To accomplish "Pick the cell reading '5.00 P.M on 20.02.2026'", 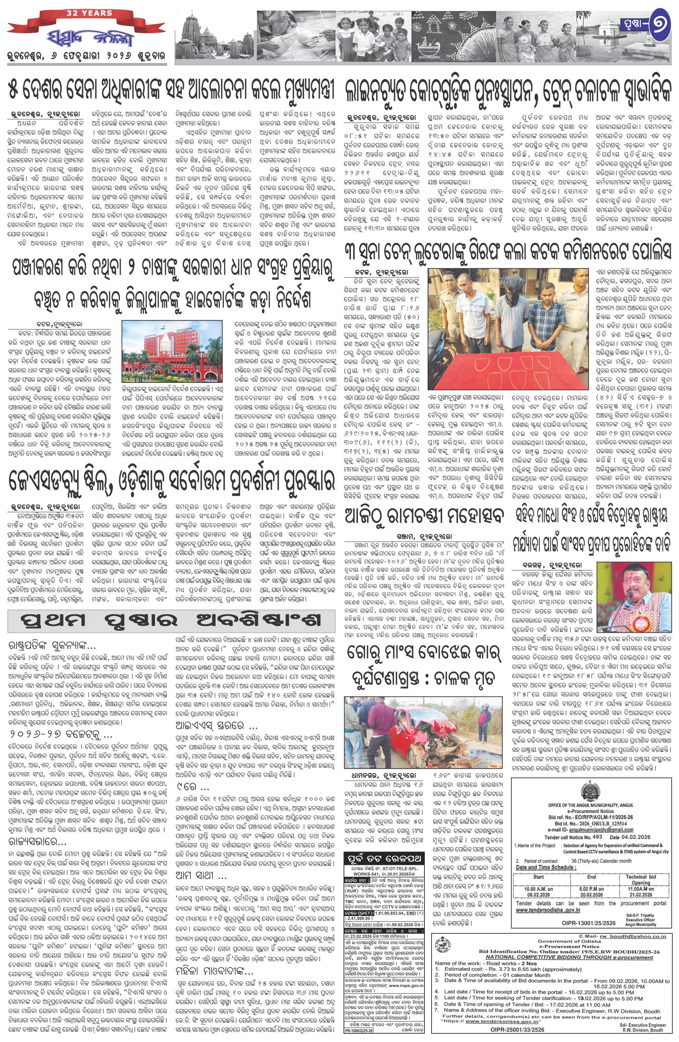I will [591, 892].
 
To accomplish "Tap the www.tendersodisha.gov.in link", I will [548, 910].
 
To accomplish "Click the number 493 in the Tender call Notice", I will [597, 837].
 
